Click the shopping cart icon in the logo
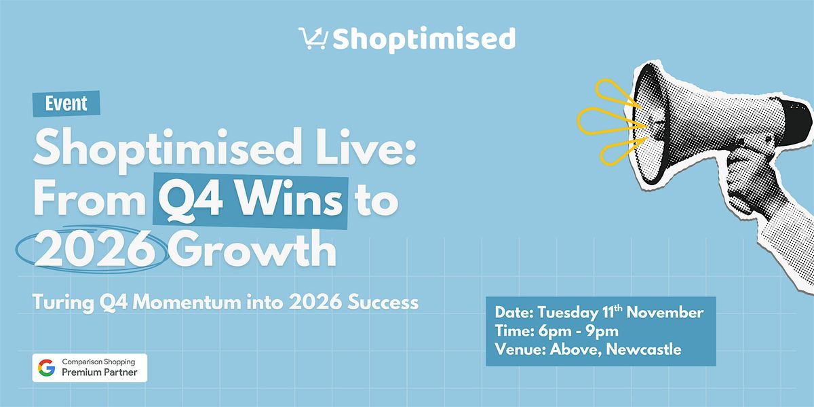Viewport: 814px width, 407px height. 313,39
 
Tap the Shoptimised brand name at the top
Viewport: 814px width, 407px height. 424,39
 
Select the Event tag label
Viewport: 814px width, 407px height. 66,103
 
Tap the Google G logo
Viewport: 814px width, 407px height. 46,368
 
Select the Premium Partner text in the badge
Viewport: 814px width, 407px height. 100,373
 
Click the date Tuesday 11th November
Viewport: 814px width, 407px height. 621,313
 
